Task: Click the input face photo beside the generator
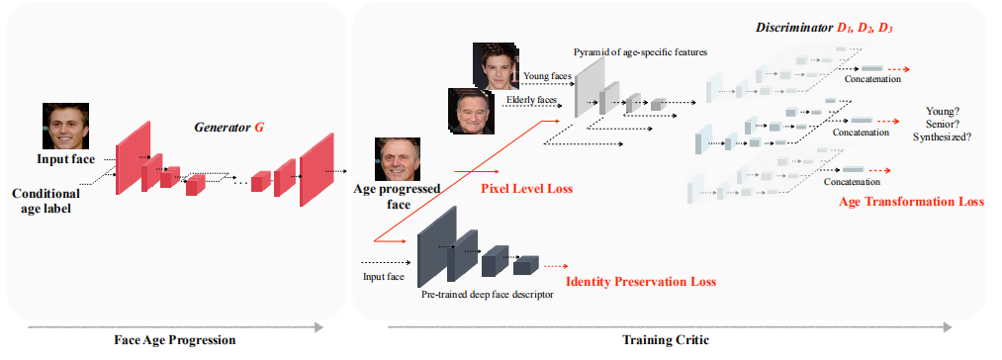point(65,126)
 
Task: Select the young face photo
point(495,66)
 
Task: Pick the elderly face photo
point(471,111)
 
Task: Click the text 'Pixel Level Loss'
point(526,187)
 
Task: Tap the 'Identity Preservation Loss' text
point(640,281)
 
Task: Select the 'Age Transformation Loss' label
point(911,201)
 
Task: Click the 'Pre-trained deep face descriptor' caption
point(487,295)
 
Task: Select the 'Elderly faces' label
point(531,100)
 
